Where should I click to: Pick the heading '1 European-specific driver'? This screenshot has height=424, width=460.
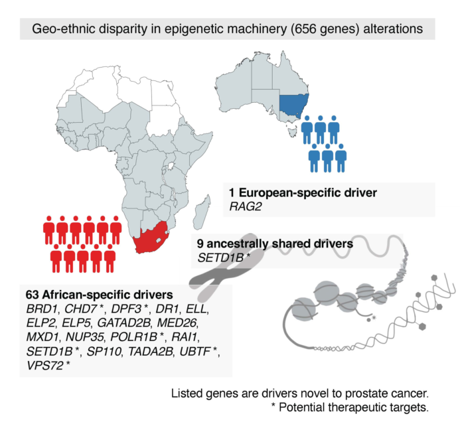(x=302, y=194)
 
